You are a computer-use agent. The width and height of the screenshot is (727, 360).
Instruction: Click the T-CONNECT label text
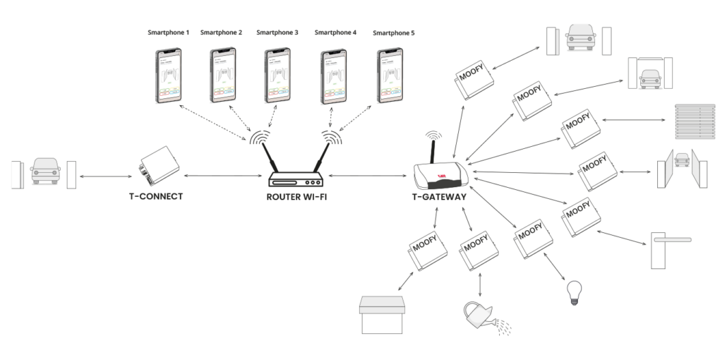pyautogui.click(x=152, y=196)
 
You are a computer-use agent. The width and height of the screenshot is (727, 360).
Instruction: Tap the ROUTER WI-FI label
pyautogui.click(x=296, y=197)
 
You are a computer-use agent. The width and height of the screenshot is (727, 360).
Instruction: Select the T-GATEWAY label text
pyautogui.click(x=439, y=197)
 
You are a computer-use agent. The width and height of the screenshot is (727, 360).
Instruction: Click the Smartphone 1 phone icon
pyautogui.click(x=167, y=75)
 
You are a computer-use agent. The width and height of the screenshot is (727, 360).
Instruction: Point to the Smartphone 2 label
pyautogui.click(x=222, y=32)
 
